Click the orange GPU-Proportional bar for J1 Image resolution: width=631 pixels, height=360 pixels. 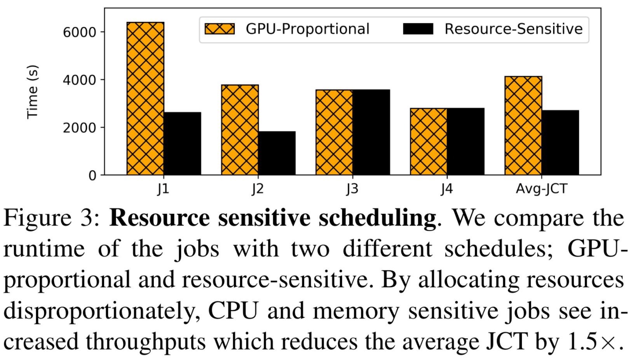[145, 99]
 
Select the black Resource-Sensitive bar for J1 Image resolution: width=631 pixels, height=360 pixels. [182, 143]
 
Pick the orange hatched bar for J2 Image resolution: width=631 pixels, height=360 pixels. [240, 130]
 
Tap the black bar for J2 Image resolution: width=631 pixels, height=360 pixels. [277, 153]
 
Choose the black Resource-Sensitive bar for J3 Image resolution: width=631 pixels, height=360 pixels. [371, 132]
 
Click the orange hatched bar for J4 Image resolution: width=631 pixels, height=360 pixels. [429, 142]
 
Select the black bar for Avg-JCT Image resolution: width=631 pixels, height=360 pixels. [560, 143]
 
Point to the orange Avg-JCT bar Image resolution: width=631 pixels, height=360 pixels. [523, 126]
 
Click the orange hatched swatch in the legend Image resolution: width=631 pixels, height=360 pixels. [220, 29]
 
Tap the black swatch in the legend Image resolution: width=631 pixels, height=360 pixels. [418, 29]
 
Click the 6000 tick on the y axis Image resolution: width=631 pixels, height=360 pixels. [79, 32]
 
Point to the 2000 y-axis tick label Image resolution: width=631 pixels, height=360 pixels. [79, 128]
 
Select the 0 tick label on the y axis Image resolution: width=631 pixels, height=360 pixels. [92, 176]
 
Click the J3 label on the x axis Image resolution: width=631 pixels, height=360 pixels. [352, 189]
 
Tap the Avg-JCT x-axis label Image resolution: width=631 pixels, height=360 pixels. [541, 189]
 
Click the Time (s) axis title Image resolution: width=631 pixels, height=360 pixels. [33, 92]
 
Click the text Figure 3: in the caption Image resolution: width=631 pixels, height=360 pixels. [52, 218]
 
